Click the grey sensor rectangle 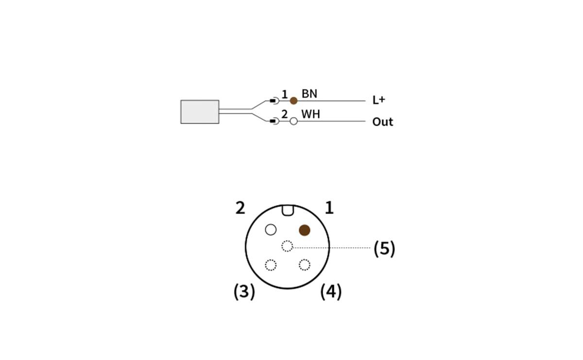[200, 112]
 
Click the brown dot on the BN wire [293, 101]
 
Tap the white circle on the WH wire [293, 121]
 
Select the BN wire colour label [309, 94]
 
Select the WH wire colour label [311, 115]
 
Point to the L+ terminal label [378, 100]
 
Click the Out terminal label [382, 121]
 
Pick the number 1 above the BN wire [285, 93]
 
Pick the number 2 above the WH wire [285, 114]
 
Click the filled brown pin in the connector [305, 230]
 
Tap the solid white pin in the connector [271, 229]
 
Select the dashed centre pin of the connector [287, 246]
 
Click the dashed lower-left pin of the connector [271, 265]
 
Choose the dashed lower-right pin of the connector [304, 265]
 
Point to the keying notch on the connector [287, 210]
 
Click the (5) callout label [384, 248]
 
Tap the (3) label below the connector [244, 291]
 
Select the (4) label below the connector [331, 291]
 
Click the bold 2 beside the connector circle [240, 208]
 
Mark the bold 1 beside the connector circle [329, 208]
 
